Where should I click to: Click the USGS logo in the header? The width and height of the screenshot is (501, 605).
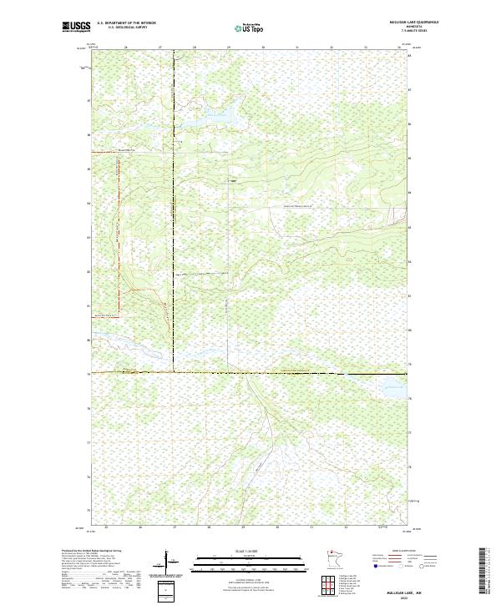[x=77, y=27]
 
